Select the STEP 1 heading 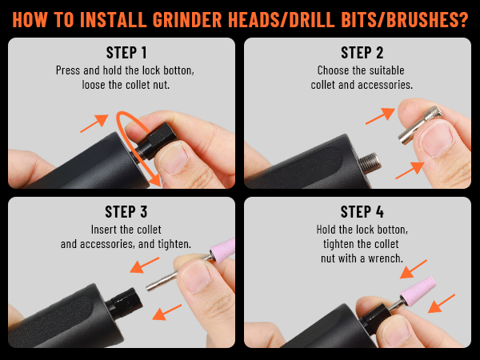tap(121, 54)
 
